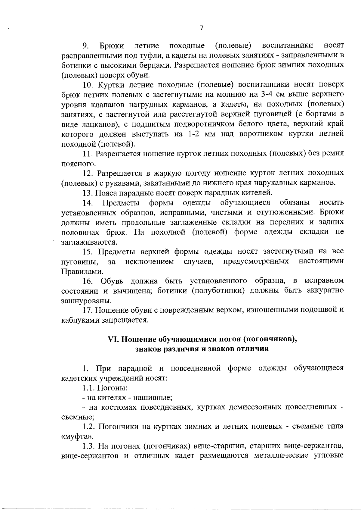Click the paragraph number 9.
pyautogui.click(x=85, y=46)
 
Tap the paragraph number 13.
pyautogui.click(x=88, y=192)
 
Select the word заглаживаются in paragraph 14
pyautogui.click(x=88, y=242)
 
